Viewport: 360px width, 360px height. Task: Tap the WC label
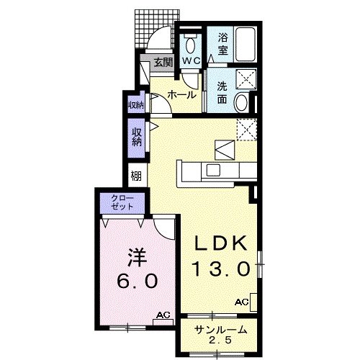192,60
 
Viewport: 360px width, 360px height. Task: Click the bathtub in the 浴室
245,45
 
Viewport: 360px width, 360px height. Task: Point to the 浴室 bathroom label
223,44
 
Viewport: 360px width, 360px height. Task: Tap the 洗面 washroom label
222,92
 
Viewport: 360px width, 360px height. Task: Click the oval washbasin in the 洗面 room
241,103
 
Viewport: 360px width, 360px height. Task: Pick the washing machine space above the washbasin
246,78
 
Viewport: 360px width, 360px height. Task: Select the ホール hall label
181,95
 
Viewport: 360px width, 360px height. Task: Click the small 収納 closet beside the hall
136,103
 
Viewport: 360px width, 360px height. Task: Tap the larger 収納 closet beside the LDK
136,138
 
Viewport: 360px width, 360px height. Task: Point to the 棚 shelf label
136,176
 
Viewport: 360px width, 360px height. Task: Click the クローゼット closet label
122,202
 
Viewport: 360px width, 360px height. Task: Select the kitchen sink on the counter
213,170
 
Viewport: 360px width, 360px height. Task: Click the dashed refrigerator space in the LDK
247,129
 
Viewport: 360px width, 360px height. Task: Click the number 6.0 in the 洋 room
138,282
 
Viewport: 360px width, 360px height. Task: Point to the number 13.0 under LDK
221,269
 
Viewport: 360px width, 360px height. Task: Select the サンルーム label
221,330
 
